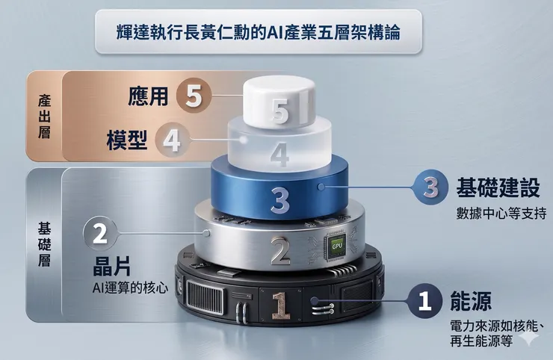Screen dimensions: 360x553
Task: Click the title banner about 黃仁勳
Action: pos(259,32)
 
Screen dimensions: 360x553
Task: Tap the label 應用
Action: pos(148,97)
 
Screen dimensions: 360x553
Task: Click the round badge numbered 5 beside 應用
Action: pos(194,97)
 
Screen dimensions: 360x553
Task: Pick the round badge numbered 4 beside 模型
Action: pos(172,140)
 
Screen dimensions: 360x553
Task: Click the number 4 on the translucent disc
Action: pos(279,155)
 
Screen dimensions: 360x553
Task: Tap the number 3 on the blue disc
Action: pos(279,199)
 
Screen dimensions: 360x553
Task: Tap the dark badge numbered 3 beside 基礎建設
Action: pos(430,187)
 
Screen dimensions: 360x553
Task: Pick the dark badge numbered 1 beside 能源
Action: pos(425,301)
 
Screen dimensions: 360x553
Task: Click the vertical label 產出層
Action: pos(43,116)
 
